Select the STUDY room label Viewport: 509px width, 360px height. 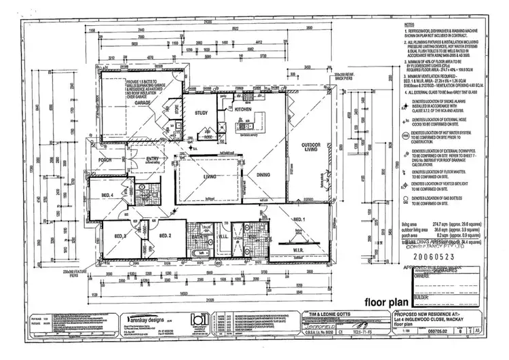pos(201,113)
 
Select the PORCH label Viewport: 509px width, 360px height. pos(105,161)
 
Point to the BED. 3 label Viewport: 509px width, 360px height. pos(120,236)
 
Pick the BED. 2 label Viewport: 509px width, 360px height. pos(165,236)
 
